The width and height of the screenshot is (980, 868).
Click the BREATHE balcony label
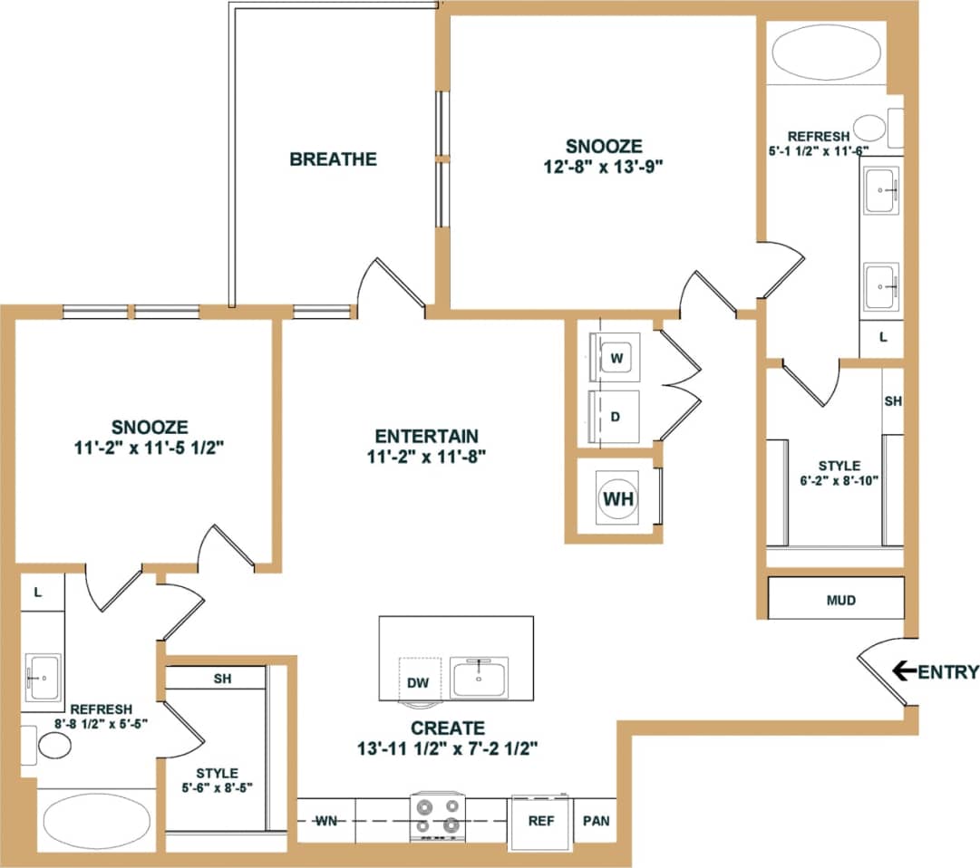coord(333,159)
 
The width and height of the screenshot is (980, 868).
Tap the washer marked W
coord(616,359)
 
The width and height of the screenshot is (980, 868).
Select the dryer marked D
coord(616,418)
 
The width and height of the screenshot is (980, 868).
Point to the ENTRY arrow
coord(903,671)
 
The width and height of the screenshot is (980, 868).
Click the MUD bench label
coord(840,600)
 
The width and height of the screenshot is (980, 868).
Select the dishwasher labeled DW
coord(418,682)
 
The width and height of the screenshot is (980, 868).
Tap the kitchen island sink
coord(480,677)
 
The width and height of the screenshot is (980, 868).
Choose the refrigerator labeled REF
coord(541,821)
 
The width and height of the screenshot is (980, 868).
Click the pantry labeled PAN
coord(597,821)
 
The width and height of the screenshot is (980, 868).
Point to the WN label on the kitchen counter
coord(326,821)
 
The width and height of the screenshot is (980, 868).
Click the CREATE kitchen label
coord(447,728)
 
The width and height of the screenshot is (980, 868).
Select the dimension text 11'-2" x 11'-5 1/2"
coord(150,446)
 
